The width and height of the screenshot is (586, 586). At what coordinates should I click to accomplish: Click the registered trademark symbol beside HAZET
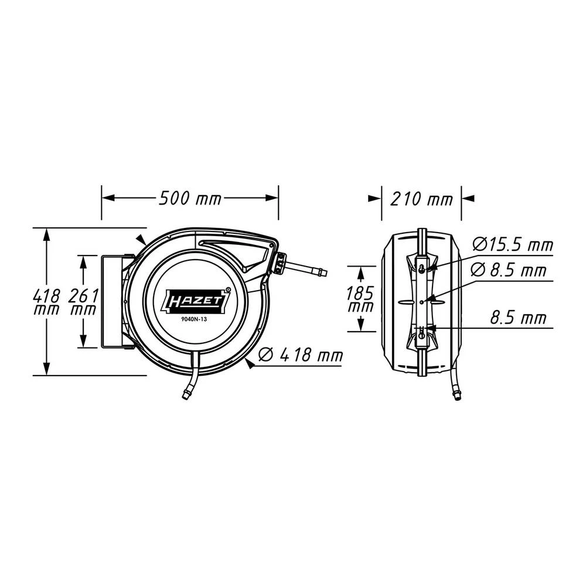pyautogui.click(x=228, y=288)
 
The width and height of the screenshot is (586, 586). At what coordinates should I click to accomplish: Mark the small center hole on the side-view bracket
pyautogui.click(x=421, y=301)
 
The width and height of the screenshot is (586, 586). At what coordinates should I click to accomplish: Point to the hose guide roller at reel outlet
pyautogui.click(x=280, y=263)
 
